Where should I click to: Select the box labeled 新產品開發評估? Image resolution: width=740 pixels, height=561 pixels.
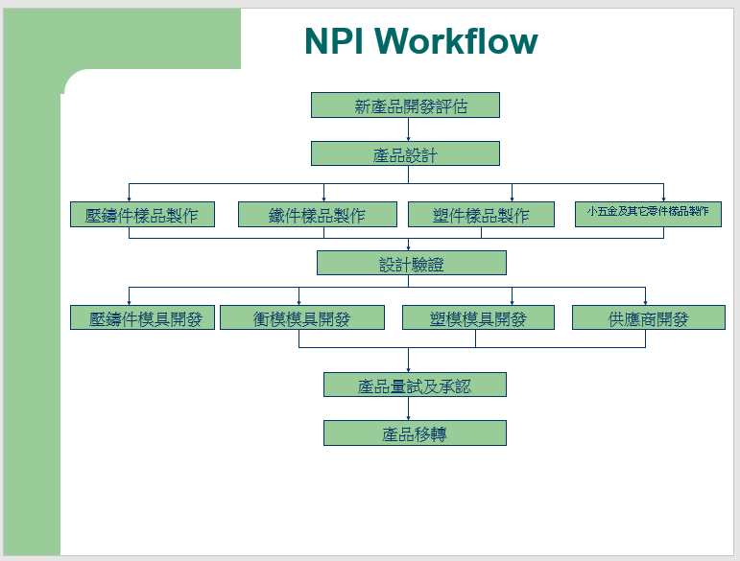[x=405, y=105]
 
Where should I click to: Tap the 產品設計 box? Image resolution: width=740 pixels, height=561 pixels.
[x=405, y=154]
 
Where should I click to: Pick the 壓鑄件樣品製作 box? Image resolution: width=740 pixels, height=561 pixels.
[x=142, y=215]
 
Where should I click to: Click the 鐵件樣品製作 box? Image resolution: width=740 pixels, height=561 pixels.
[x=317, y=215]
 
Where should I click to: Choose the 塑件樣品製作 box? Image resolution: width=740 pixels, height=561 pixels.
[x=481, y=215]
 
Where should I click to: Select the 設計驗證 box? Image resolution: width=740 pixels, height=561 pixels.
[x=411, y=264]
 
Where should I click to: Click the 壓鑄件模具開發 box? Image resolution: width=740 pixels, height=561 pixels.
[x=142, y=318]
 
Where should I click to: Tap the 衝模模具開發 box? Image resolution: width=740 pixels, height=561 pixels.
[x=301, y=318]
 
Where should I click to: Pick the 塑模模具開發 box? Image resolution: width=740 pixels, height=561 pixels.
[x=478, y=318]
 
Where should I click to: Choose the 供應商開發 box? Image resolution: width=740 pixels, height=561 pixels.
[x=648, y=318]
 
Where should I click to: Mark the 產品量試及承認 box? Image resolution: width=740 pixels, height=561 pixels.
[x=415, y=386]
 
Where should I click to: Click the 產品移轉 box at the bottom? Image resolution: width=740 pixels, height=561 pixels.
[x=415, y=433]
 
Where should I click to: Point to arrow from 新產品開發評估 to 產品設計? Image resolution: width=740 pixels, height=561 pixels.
[x=408, y=129]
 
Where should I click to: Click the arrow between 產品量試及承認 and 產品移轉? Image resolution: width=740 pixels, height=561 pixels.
[x=408, y=409]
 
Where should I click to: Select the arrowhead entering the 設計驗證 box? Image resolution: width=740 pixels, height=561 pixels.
[x=408, y=247]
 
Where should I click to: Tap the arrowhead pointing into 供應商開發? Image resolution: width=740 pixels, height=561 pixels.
[x=645, y=302]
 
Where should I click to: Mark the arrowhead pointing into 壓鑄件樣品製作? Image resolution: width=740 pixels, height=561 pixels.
[x=129, y=199]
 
